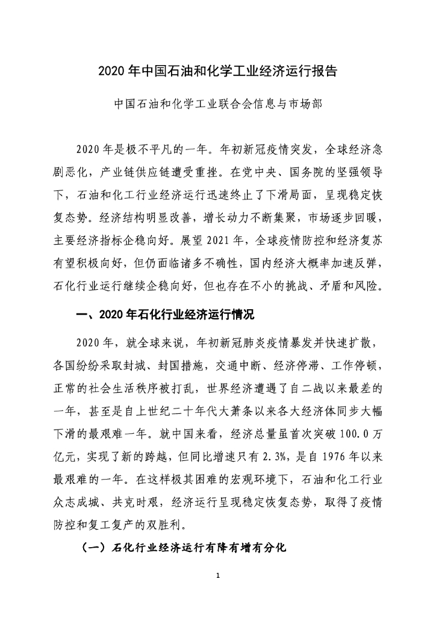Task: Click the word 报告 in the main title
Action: (323, 70)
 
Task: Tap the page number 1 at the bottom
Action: (219, 578)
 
